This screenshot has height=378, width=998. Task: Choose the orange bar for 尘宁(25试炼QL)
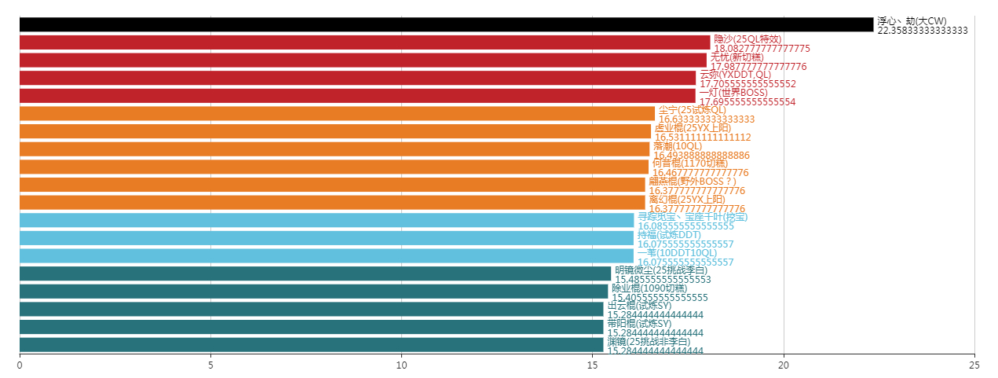[337, 113]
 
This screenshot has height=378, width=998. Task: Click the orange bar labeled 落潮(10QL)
[334, 149]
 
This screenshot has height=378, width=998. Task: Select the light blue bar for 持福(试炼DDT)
[326, 238]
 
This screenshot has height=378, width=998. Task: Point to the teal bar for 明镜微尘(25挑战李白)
[315, 273]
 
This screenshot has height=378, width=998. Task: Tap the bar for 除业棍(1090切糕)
[313, 292]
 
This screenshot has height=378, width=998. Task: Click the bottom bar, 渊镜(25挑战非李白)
[311, 344]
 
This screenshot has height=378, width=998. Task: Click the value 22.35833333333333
[923, 31]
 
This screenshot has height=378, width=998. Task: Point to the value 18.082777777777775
[762, 49]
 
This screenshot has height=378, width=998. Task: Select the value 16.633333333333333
[707, 119]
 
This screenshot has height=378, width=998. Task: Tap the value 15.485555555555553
[663, 280]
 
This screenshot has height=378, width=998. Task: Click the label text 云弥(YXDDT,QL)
[735, 75]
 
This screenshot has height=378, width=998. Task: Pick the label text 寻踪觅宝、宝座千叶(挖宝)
[692, 217]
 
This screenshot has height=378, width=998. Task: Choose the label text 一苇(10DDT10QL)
[676, 252]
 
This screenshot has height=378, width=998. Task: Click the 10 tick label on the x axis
[401, 365]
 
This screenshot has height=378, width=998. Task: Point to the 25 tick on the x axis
[974, 365]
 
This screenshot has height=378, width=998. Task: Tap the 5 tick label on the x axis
[210, 365]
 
